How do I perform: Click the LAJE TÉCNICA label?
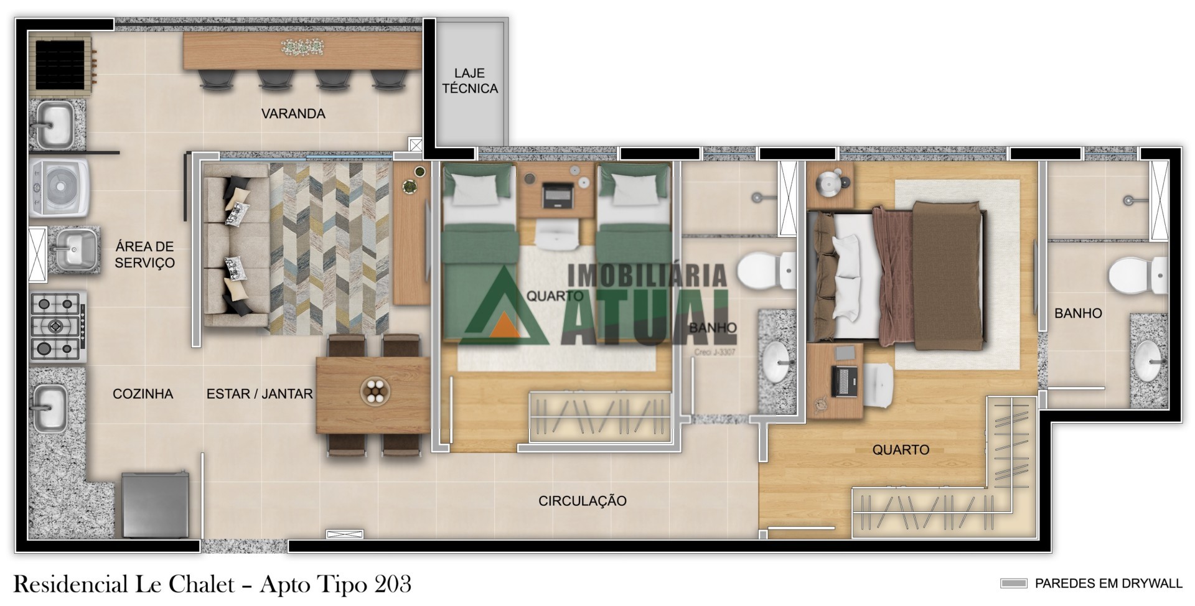tap(470, 81)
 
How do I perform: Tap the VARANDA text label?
tap(293, 114)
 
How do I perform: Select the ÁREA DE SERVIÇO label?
tap(144, 254)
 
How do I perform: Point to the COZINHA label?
tap(143, 394)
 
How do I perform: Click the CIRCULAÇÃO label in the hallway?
tap(583, 501)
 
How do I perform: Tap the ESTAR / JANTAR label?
tap(260, 394)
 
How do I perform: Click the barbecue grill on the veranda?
tap(61, 64)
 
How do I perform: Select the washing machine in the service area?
tap(60, 188)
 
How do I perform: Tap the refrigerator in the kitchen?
tap(155, 505)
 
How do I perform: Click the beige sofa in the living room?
tap(237, 245)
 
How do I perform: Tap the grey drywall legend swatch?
tap(1013, 584)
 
